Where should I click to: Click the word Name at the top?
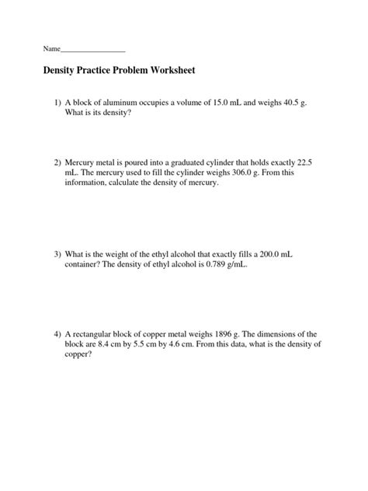[51, 49]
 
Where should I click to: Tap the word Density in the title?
[63, 71]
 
